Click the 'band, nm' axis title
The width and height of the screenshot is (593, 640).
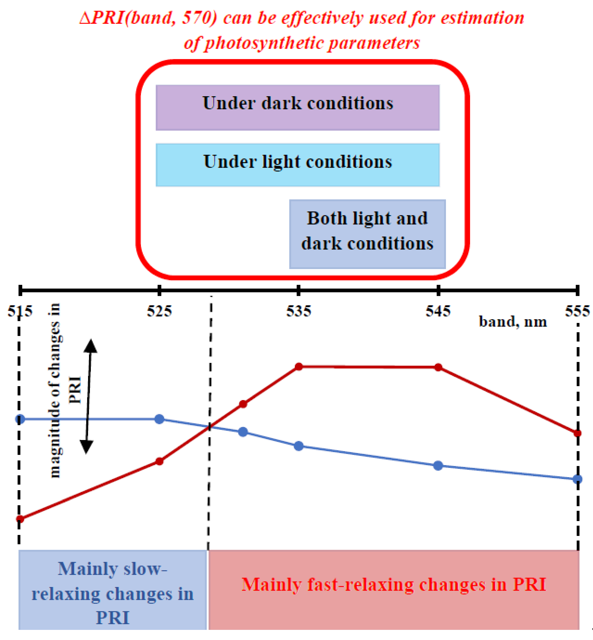513,322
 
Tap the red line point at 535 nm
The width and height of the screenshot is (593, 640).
298,366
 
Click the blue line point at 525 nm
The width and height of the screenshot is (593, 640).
159,419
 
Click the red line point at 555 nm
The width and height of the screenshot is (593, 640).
577,433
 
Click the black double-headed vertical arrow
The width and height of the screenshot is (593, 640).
88,396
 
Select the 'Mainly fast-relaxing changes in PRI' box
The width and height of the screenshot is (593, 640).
393,585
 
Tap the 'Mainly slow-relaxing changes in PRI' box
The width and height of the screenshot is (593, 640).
112,590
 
